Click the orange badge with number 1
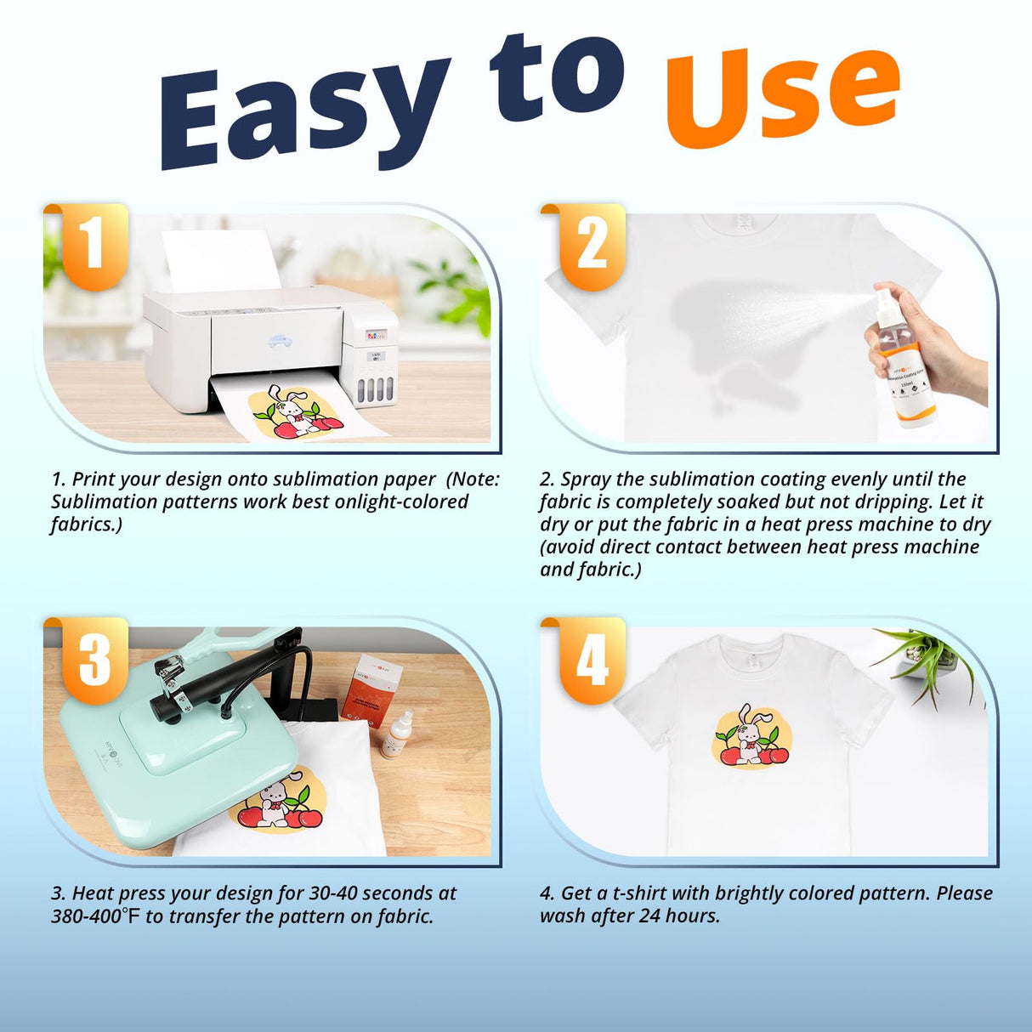[x=94, y=245]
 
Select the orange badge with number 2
[x=592, y=245]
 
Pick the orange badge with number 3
[x=94, y=659]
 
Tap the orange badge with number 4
[x=592, y=659]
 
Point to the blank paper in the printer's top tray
[x=221, y=259]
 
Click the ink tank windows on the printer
[x=375, y=390]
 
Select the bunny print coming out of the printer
[x=293, y=412]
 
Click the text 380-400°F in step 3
[x=95, y=916]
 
